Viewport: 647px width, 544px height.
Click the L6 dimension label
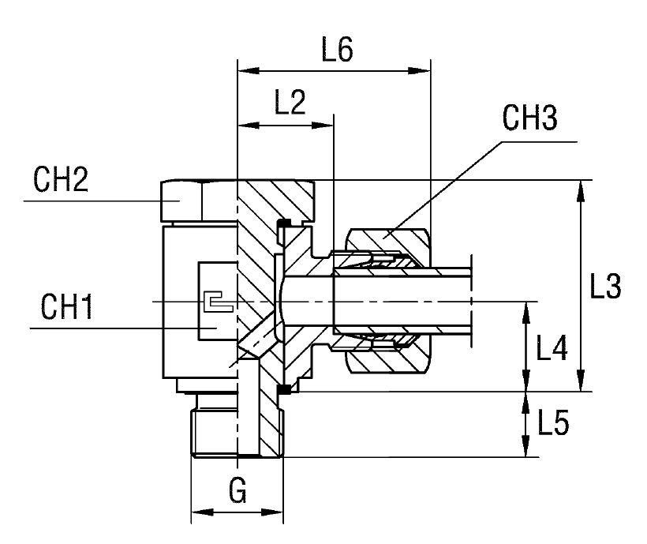tap(337, 50)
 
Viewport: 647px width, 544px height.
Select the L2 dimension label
tap(290, 103)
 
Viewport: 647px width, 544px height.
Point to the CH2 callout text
tap(60, 181)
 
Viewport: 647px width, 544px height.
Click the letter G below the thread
tap(237, 491)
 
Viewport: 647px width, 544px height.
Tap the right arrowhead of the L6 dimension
tap(423, 71)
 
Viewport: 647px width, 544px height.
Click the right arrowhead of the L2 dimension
tap(326, 125)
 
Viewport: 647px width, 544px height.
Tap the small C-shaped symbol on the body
tap(214, 302)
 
